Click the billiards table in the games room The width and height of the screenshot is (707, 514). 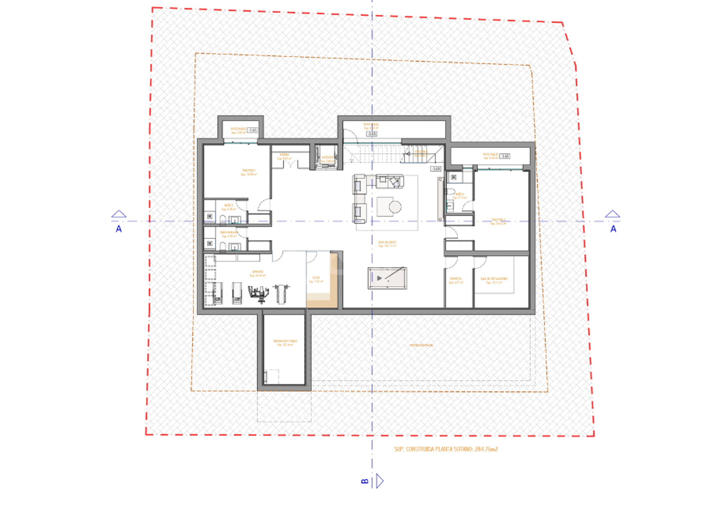[387, 278]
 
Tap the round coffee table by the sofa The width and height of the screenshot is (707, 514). [395, 207]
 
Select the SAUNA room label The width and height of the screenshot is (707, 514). [316, 279]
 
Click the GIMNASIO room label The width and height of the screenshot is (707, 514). [258, 274]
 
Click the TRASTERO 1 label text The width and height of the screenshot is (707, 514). [249, 172]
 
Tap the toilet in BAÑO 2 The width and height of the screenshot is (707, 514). [222, 219]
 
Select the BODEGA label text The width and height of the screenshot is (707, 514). [284, 156]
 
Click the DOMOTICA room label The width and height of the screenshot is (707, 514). [456, 280]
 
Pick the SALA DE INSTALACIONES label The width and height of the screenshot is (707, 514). [494, 280]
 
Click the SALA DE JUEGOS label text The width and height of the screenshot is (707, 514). [387, 244]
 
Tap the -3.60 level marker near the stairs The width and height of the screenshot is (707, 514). [436, 168]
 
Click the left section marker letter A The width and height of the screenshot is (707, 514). [119, 229]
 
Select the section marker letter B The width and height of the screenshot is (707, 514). [365, 481]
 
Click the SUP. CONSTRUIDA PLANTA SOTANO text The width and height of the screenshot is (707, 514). [446, 449]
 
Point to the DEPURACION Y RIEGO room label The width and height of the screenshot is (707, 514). [285, 343]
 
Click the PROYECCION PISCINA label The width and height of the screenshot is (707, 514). [421, 345]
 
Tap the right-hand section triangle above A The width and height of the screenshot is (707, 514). [612, 214]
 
